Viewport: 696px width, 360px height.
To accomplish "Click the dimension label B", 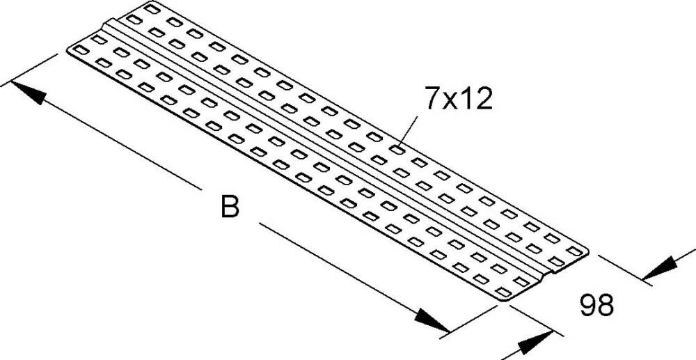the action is click(230, 207).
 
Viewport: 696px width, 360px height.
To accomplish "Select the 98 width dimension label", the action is click(596, 305).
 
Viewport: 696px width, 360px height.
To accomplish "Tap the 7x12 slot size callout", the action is click(459, 99).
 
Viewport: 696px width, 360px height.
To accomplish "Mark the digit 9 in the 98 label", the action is click(587, 305).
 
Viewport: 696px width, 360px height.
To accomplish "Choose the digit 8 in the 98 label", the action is click(606, 305).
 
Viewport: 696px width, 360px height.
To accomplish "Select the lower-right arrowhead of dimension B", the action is click(432, 320).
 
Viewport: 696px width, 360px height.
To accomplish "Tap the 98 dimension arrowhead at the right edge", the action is click(660, 269).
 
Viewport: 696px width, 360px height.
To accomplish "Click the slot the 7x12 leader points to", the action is click(397, 150).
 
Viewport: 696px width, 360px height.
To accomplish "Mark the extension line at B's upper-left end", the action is click(29, 69).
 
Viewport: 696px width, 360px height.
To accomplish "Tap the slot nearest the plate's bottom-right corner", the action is click(503, 292).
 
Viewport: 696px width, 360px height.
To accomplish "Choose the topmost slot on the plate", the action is click(152, 8).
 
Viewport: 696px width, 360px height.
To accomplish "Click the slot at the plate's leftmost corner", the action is click(81, 49).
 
